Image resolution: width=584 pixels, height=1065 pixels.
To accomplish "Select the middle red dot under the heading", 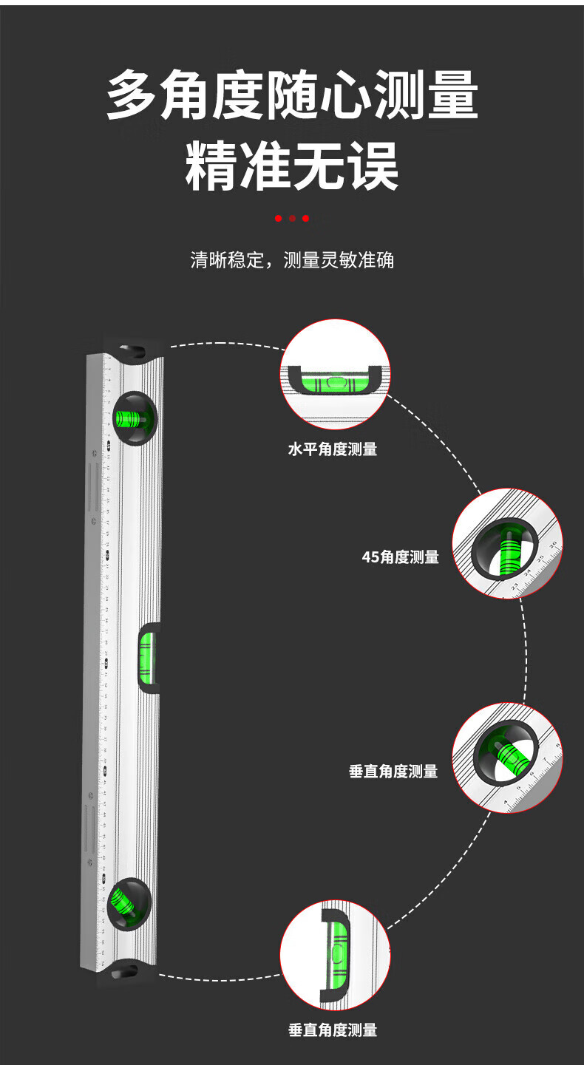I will [292, 219].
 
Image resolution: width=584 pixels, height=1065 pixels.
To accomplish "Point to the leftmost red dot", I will [279, 219].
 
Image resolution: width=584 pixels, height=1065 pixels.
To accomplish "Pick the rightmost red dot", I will [305, 219].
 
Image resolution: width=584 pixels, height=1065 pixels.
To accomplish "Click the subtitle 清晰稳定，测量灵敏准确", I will [292, 260].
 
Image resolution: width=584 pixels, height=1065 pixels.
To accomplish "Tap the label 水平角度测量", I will [333, 449].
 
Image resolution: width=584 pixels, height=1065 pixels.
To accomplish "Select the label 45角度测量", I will [410, 557].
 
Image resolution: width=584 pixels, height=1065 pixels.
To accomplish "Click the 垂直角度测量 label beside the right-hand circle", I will [393, 772].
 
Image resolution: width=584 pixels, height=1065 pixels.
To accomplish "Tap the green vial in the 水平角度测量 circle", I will [334, 383].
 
